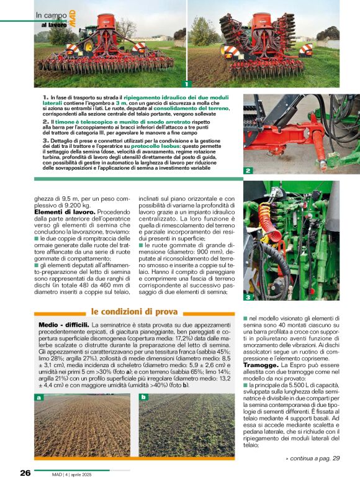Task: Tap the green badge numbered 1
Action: (186, 83)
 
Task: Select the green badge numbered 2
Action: (248, 170)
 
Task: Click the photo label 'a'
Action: (40, 397)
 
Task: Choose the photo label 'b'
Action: (143, 397)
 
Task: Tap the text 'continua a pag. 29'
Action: (312, 458)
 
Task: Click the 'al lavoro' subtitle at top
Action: (54, 24)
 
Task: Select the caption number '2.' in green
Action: (46, 122)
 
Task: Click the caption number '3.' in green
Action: (46, 140)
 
